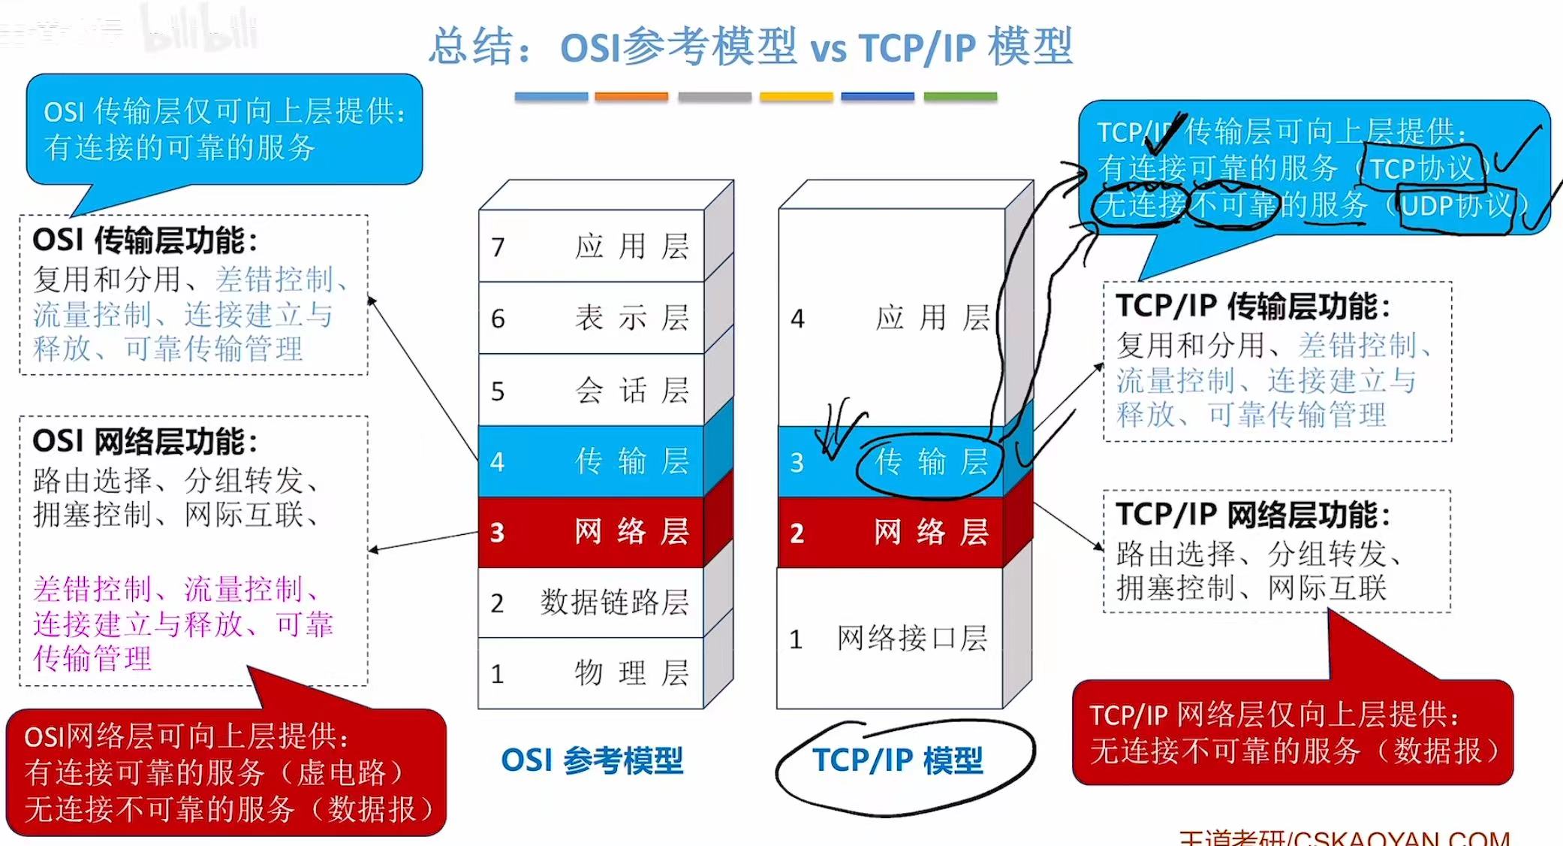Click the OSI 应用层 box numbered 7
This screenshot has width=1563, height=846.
(592, 246)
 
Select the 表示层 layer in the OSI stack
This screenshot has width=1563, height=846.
(592, 318)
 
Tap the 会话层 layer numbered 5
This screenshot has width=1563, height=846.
(592, 390)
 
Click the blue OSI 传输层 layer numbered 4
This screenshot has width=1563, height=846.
(592, 461)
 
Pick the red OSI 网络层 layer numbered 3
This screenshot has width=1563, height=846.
(592, 532)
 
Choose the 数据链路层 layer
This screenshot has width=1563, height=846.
(592, 602)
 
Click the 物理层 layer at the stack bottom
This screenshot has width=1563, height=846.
(592, 672)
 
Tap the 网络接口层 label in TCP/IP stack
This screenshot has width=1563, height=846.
(911, 639)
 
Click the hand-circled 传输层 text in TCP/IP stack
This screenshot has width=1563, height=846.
(932, 462)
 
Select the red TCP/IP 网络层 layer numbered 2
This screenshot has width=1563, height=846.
(891, 533)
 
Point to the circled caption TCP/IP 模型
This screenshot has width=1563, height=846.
(897, 761)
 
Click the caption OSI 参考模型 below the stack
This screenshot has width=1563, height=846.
(592, 761)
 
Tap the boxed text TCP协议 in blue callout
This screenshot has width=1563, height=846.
(1423, 168)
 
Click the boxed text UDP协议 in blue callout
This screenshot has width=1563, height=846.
(1455, 205)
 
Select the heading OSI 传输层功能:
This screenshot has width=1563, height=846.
(145, 241)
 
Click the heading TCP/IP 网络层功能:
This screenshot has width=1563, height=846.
(1252, 515)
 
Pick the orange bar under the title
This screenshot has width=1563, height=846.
(631, 97)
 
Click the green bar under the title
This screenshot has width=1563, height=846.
(959, 97)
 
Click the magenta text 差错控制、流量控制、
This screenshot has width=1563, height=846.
(176, 589)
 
